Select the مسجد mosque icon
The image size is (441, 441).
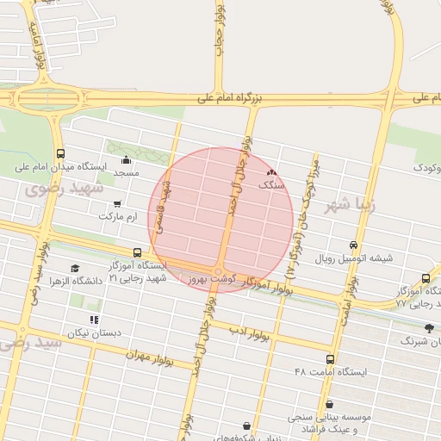127,159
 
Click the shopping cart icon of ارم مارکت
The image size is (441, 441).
117,204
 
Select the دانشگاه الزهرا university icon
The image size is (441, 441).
75,268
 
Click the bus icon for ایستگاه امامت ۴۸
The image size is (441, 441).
331,359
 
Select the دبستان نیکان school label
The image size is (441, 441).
94,332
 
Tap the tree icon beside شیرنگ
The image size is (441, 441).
430,328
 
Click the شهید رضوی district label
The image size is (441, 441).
65,188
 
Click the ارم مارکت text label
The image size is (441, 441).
118,217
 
